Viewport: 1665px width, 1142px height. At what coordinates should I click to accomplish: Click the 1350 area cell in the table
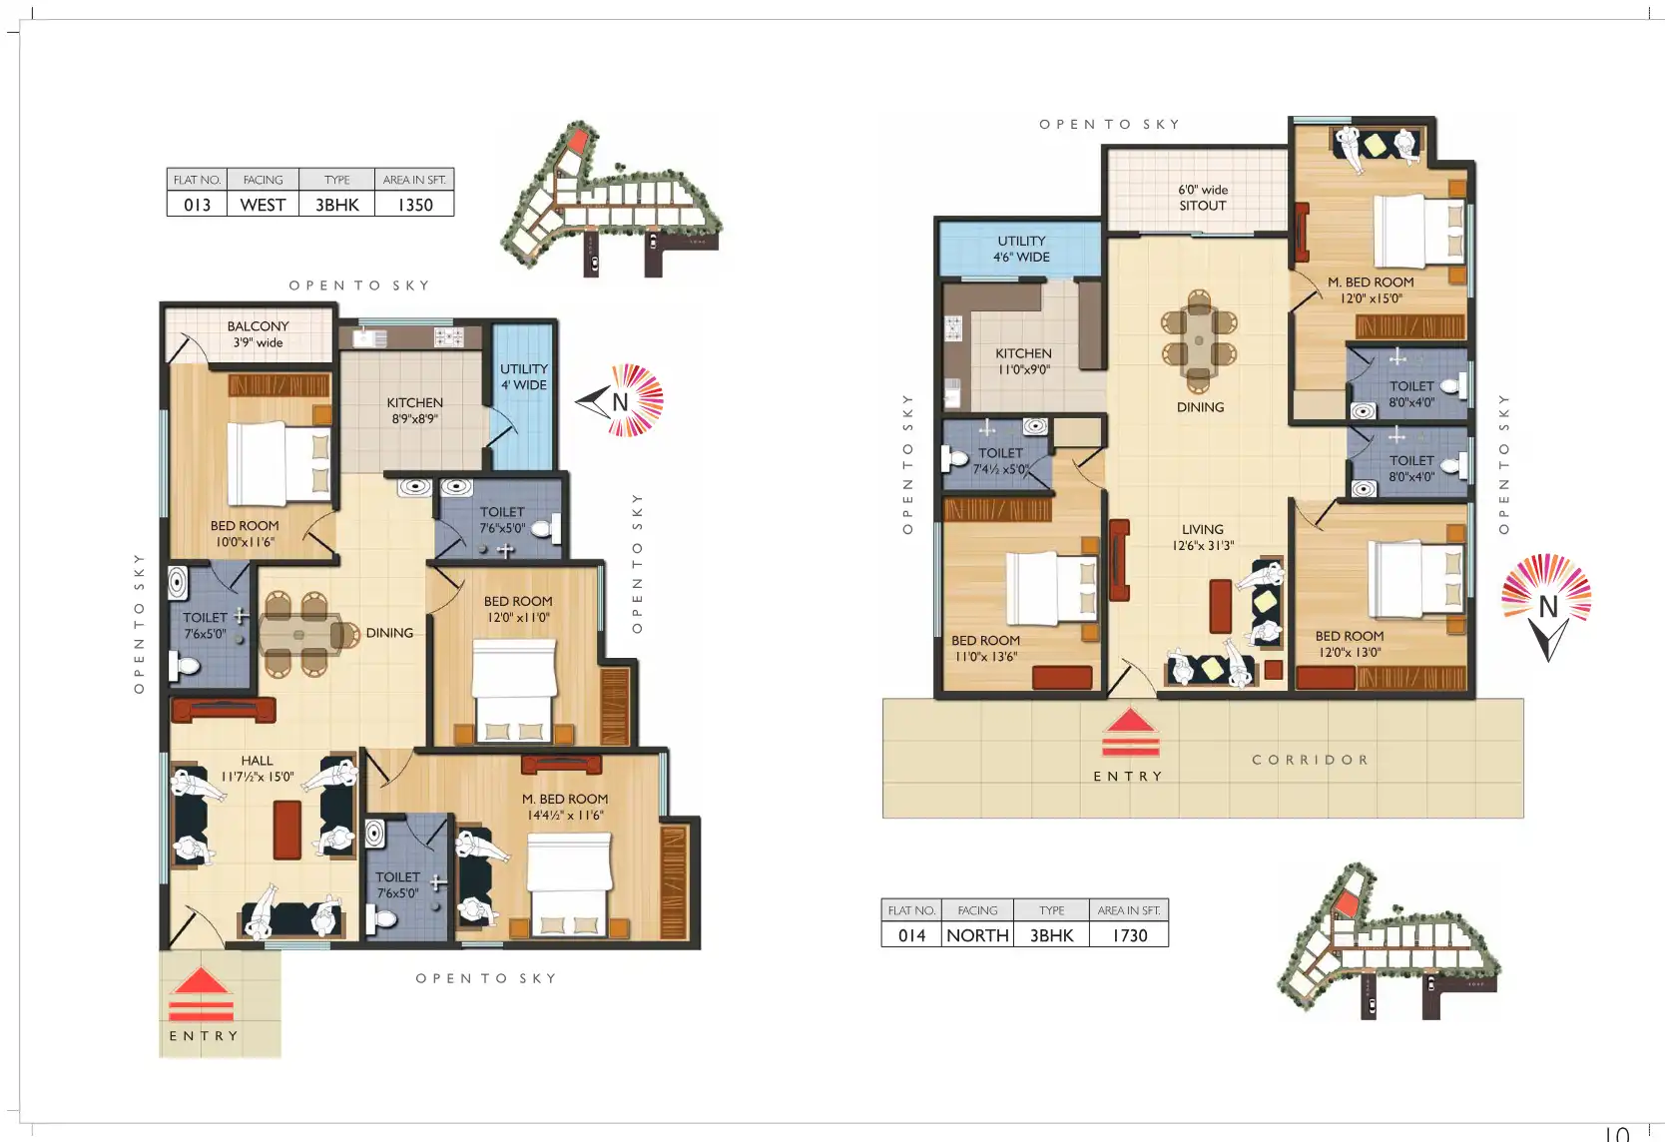(x=415, y=205)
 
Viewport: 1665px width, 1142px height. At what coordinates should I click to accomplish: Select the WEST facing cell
(x=264, y=205)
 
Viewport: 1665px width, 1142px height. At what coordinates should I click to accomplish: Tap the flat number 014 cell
(x=912, y=935)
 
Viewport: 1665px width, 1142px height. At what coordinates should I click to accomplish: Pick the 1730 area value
(x=1129, y=935)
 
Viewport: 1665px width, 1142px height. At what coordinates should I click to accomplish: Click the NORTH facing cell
(x=977, y=935)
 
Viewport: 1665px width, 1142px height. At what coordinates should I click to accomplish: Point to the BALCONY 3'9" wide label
(x=258, y=334)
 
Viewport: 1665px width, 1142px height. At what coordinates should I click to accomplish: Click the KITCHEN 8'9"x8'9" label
(x=415, y=410)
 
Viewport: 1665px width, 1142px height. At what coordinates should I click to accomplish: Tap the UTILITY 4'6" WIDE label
(x=1021, y=250)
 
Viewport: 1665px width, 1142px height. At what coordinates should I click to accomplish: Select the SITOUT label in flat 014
(x=1202, y=206)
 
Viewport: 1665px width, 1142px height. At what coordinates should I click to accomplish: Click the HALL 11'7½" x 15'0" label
(x=258, y=769)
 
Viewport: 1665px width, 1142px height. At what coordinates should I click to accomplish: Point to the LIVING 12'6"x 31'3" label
(x=1202, y=537)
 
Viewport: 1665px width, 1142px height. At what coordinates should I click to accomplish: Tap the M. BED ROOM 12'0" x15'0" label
(x=1371, y=289)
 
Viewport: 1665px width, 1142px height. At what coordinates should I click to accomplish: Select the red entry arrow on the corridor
(x=1130, y=733)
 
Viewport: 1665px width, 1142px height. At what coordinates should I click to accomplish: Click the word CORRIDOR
(x=1310, y=760)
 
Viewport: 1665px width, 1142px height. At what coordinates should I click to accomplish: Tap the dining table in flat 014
(x=1199, y=340)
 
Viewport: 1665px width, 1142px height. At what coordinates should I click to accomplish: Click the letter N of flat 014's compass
(x=1547, y=607)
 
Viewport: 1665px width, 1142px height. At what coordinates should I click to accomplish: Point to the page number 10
(x=1616, y=1133)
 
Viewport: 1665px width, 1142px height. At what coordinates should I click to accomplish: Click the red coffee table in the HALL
(x=286, y=830)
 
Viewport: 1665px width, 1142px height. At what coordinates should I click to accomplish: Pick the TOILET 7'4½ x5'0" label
(x=1000, y=461)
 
